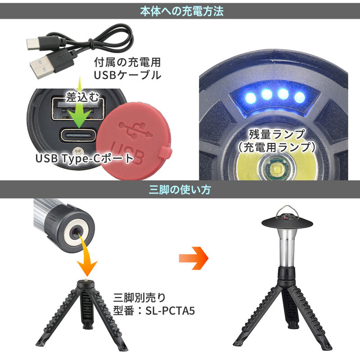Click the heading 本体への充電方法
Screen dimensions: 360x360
click(x=180, y=11)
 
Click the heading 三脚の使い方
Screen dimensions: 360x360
click(x=180, y=190)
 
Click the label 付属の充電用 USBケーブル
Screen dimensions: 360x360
click(x=127, y=68)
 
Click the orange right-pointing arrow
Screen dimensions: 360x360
click(x=193, y=258)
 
